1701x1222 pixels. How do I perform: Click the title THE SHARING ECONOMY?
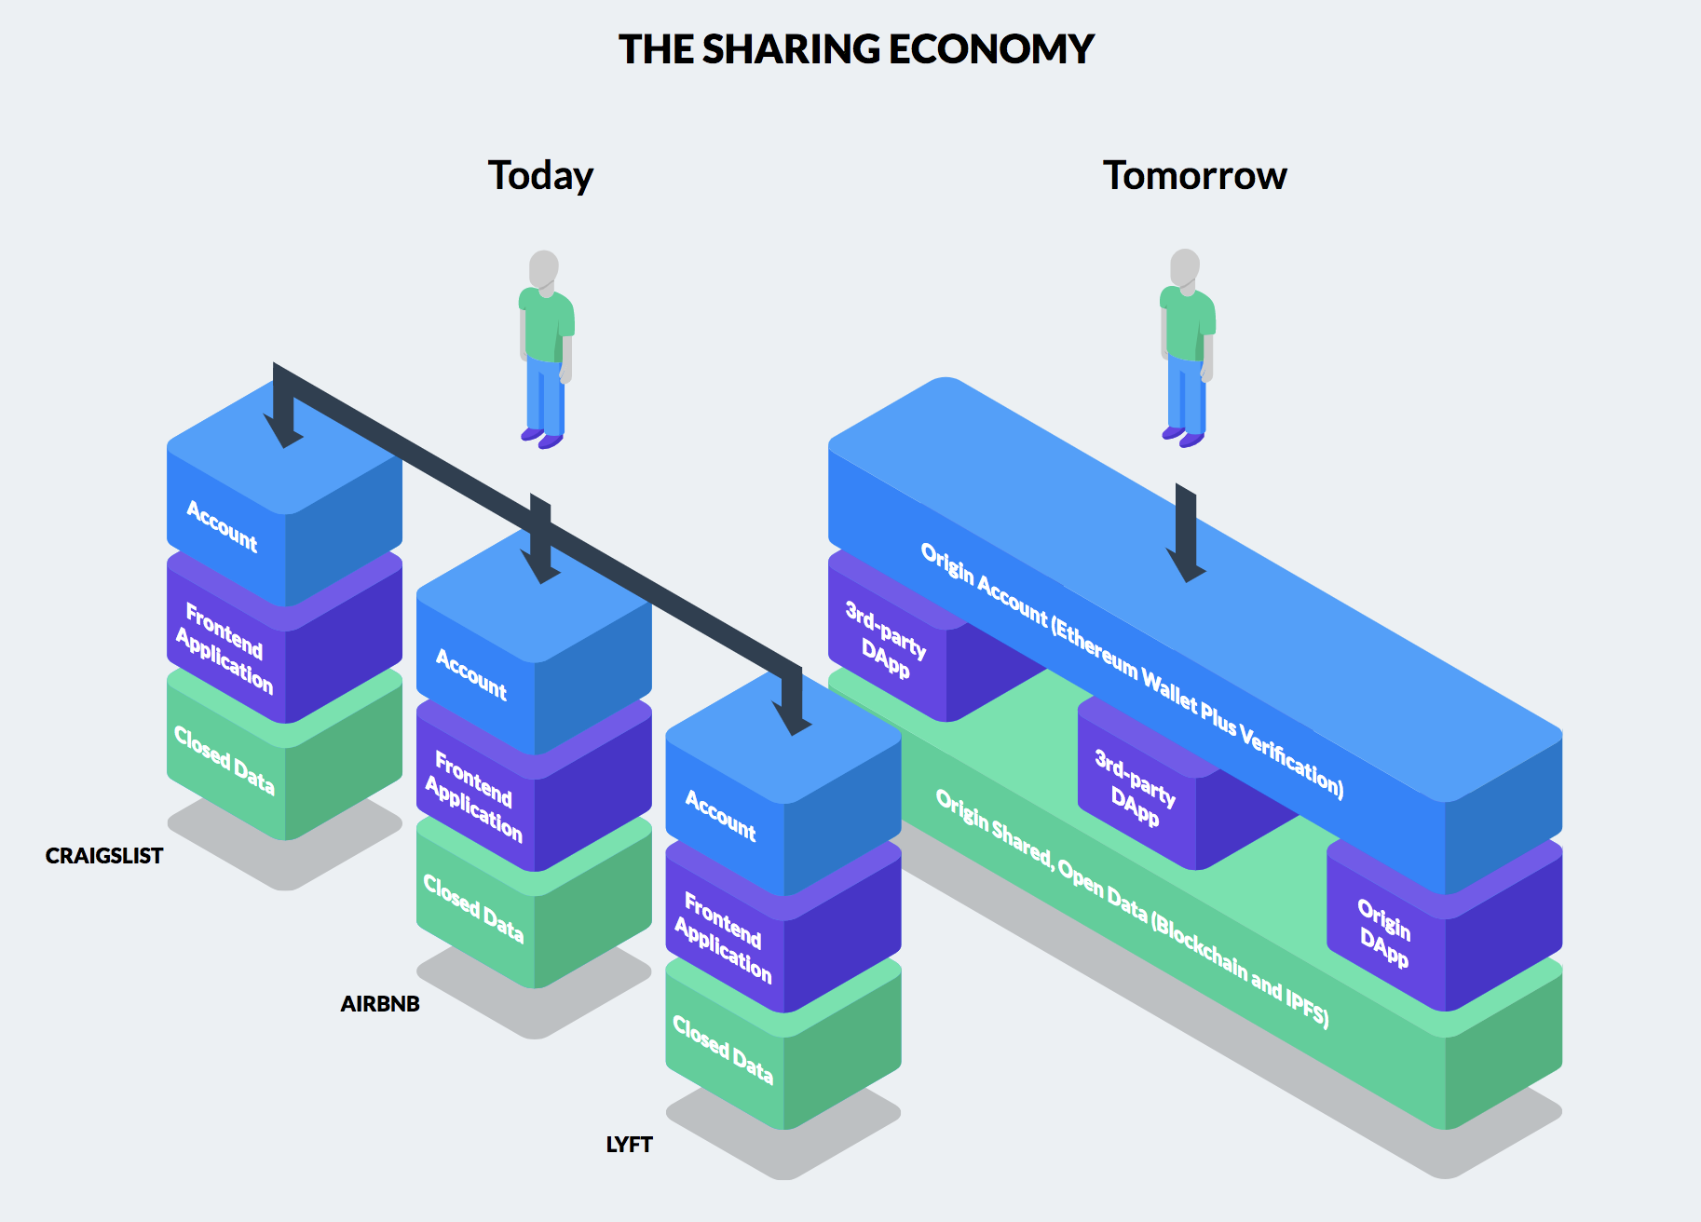pos(856,49)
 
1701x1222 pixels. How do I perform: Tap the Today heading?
pos(540,176)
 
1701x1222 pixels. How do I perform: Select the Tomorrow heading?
pos(1194,176)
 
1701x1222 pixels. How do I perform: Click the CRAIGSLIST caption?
pos(104,856)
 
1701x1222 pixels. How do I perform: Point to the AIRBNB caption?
pos(380,1004)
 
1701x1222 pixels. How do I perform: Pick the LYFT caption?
pos(629,1145)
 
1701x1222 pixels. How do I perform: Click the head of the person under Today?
pos(544,268)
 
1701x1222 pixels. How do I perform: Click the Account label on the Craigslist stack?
pos(222,526)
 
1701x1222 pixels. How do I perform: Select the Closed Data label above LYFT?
pos(723,1049)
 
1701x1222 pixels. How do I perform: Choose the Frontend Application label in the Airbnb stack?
pos(473,795)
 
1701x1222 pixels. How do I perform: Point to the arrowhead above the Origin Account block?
pos(1186,563)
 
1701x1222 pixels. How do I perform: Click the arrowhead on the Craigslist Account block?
pos(283,432)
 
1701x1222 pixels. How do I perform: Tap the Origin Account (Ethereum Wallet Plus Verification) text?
pos(1132,670)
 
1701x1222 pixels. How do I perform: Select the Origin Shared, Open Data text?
pos(1132,908)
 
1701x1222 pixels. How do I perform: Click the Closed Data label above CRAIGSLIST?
pos(225,760)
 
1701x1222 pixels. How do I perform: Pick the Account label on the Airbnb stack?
pos(471,674)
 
